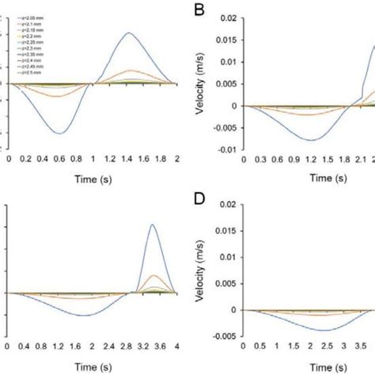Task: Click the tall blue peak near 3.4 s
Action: pyautogui.click(x=151, y=225)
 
